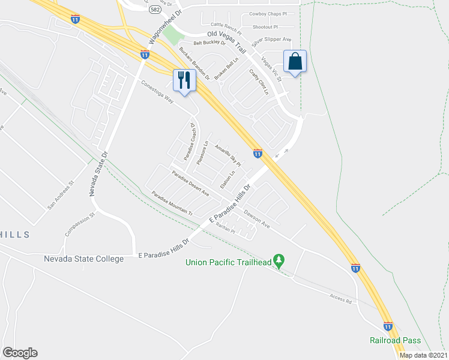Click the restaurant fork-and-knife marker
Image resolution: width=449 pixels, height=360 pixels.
[x=184, y=80]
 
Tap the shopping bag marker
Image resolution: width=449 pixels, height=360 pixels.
[x=295, y=61]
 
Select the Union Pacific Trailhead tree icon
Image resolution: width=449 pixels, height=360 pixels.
[x=278, y=260]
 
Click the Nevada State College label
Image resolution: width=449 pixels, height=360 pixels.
[x=83, y=259]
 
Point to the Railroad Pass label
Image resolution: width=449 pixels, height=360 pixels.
[x=394, y=340]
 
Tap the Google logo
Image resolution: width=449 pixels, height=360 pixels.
[x=19, y=353]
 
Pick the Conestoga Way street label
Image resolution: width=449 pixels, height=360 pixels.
[x=158, y=92]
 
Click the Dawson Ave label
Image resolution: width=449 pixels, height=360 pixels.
[x=257, y=222]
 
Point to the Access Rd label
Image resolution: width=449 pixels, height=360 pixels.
[x=340, y=298]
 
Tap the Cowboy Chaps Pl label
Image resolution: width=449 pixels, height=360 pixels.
[x=267, y=13]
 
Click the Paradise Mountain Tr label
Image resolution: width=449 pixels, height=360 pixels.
[x=172, y=203]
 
